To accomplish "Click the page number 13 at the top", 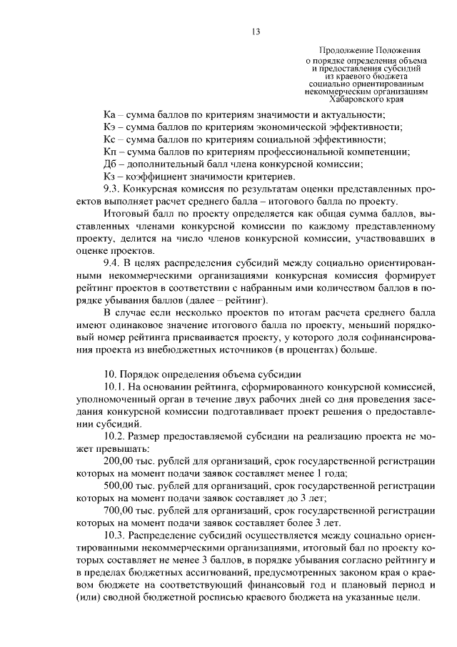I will pyautogui.click(x=256, y=31).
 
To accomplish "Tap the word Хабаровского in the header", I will pyautogui.click(x=346, y=100).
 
